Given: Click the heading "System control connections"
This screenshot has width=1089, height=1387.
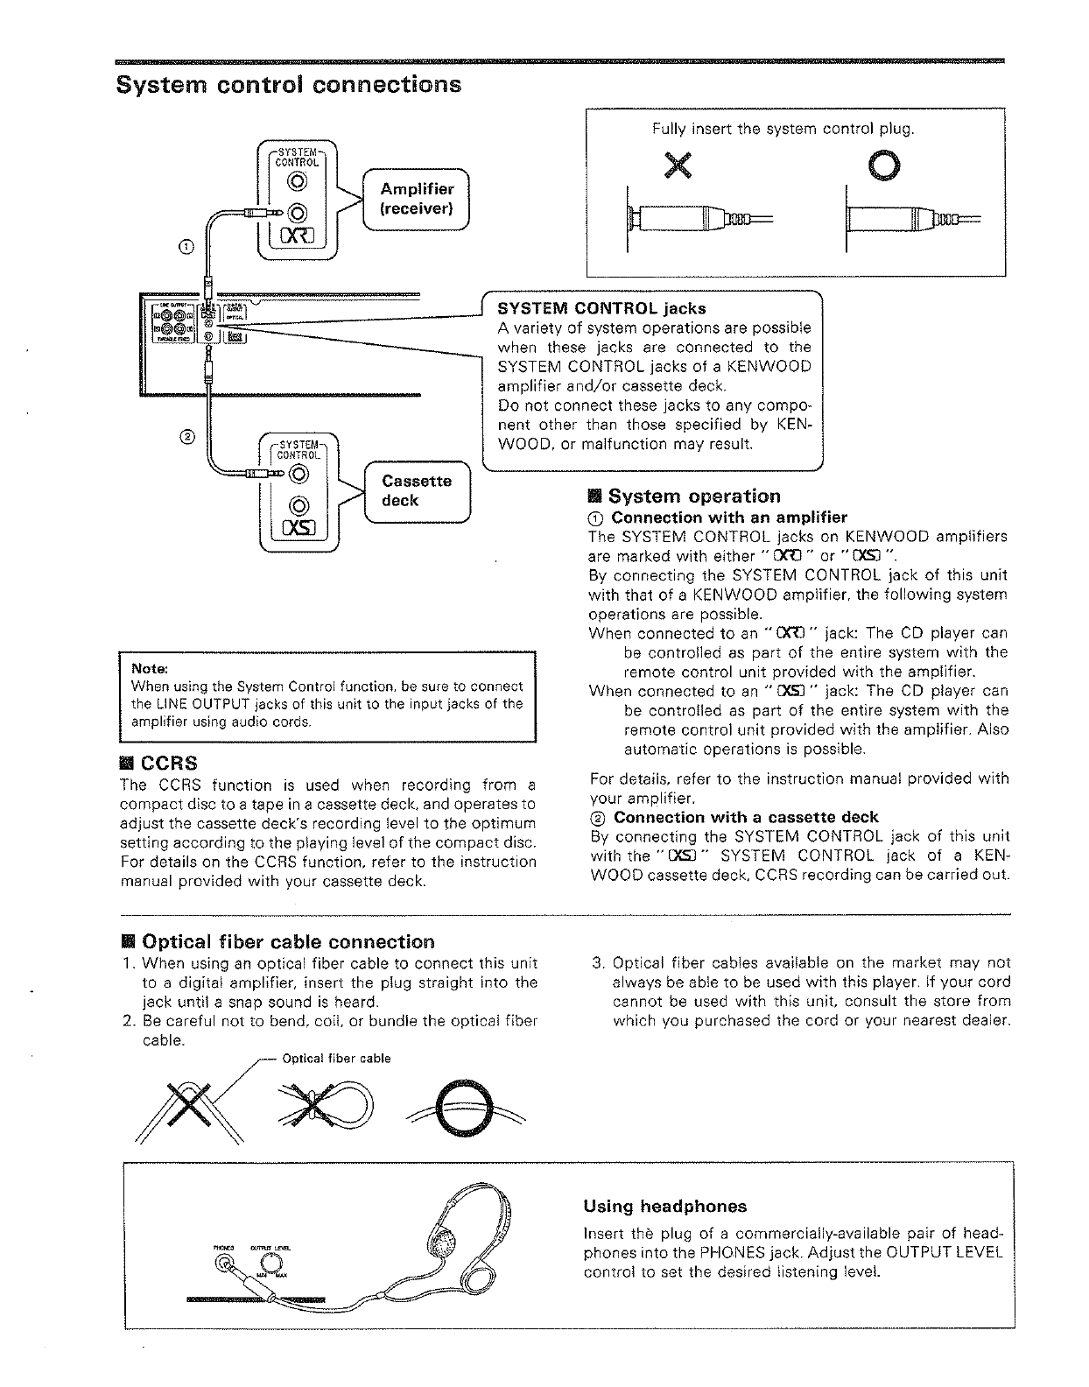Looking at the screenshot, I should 289,85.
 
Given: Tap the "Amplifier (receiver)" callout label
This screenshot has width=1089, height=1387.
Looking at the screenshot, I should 417,199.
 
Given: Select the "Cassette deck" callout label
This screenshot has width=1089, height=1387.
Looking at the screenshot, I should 417,490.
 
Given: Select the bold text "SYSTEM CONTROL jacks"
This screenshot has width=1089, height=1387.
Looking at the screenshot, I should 601,308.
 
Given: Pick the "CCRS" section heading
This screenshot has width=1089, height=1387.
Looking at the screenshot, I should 169,762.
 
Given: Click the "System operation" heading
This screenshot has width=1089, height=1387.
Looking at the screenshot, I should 693,496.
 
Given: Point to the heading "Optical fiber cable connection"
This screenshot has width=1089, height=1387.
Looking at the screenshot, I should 287,942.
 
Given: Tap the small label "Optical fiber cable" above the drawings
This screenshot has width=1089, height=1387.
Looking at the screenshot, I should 336,1059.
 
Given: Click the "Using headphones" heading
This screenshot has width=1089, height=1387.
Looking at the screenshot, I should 664,1207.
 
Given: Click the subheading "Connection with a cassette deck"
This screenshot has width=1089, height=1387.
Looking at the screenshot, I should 746,817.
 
